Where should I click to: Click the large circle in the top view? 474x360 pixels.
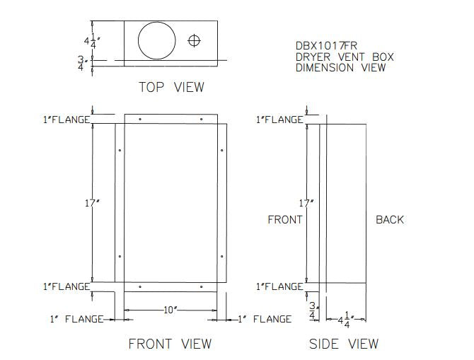(156, 41)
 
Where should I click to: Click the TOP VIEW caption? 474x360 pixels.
(171, 87)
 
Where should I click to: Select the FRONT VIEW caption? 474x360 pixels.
(170, 344)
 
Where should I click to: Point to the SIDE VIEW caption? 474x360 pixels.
(344, 344)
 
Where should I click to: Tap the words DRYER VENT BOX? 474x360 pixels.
(345, 57)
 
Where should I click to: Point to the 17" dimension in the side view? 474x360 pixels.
(306, 203)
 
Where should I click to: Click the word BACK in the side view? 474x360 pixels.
(390, 220)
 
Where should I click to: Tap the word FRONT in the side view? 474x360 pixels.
(284, 220)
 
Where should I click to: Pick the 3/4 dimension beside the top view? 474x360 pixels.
(81, 64)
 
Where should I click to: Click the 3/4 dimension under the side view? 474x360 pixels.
(313, 311)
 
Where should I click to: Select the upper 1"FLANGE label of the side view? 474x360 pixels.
(279, 120)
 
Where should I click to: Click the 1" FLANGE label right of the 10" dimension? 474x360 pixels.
(265, 319)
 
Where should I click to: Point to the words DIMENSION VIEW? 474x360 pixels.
(341, 68)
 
